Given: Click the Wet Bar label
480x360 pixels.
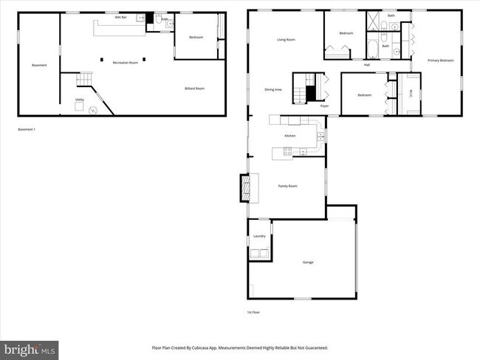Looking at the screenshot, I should click(118, 17).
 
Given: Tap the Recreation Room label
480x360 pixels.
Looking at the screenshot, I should click(126, 63).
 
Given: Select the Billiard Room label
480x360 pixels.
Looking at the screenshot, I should click(194, 89).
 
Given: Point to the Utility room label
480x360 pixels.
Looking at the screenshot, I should click(79, 100).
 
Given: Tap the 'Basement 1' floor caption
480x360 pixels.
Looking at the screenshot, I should click(27, 130).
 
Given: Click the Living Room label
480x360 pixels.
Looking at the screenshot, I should click(286, 39).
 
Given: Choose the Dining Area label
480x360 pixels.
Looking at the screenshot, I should click(273, 90).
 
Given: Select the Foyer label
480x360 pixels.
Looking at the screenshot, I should click(324, 107).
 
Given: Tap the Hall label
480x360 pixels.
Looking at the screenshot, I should click(366, 65).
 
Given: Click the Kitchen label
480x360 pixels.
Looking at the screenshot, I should click(291, 136).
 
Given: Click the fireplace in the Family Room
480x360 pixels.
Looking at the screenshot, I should click(244, 187).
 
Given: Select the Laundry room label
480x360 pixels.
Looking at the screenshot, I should click(259, 236).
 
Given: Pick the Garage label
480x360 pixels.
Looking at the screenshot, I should click(309, 263).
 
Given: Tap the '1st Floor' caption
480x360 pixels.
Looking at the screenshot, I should click(253, 312).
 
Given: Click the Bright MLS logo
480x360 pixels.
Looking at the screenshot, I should click(30, 348).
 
